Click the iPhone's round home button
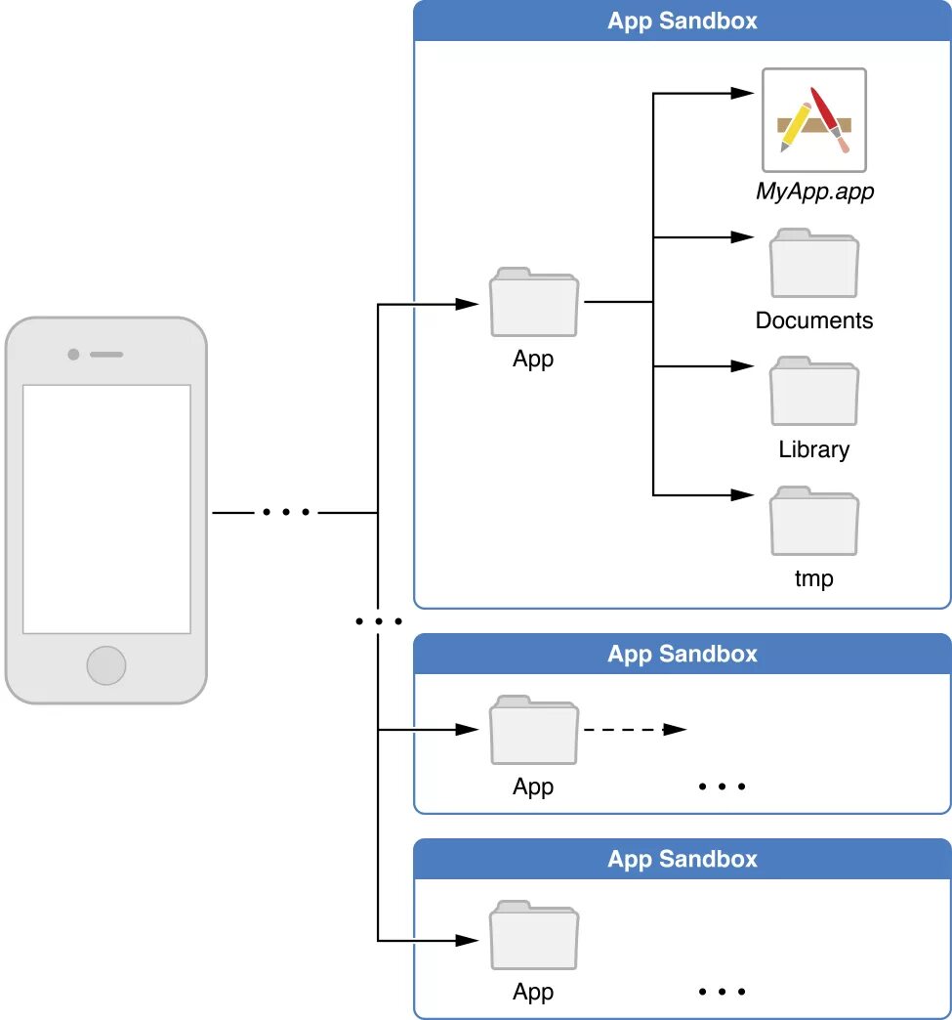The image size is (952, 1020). click(x=106, y=665)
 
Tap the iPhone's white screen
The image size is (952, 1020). click(x=106, y=509)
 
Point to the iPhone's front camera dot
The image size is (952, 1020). click(x=73, y=355)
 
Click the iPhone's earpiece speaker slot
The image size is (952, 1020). click(x=106, y=355)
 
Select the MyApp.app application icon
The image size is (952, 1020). click(x=814, y=120)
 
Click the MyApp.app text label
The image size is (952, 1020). click(x=814, y=191)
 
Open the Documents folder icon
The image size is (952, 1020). click(x=814, y=263)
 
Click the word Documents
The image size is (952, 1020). click(x=814, y=320)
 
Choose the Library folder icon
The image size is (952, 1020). click(x=814, y=391)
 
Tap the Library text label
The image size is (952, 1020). click(x=814, y=449)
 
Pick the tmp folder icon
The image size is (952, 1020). click(x=814, y=521)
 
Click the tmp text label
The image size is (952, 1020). click(x=814, y=578)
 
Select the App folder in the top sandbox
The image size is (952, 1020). click(x=534, y=302)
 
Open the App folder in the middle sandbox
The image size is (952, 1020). click(x=534, y=730)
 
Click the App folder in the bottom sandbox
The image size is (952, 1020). click(x=534, y=935)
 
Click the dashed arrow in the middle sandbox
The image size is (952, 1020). click(x=636, y=730)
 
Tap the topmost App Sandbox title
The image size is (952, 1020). click(x=683, y=21)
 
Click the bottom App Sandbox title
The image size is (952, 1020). click(x=683, y=860)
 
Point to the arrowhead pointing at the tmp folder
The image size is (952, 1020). click(x=742, y=495)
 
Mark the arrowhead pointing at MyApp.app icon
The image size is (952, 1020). click(x=742, y=93)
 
